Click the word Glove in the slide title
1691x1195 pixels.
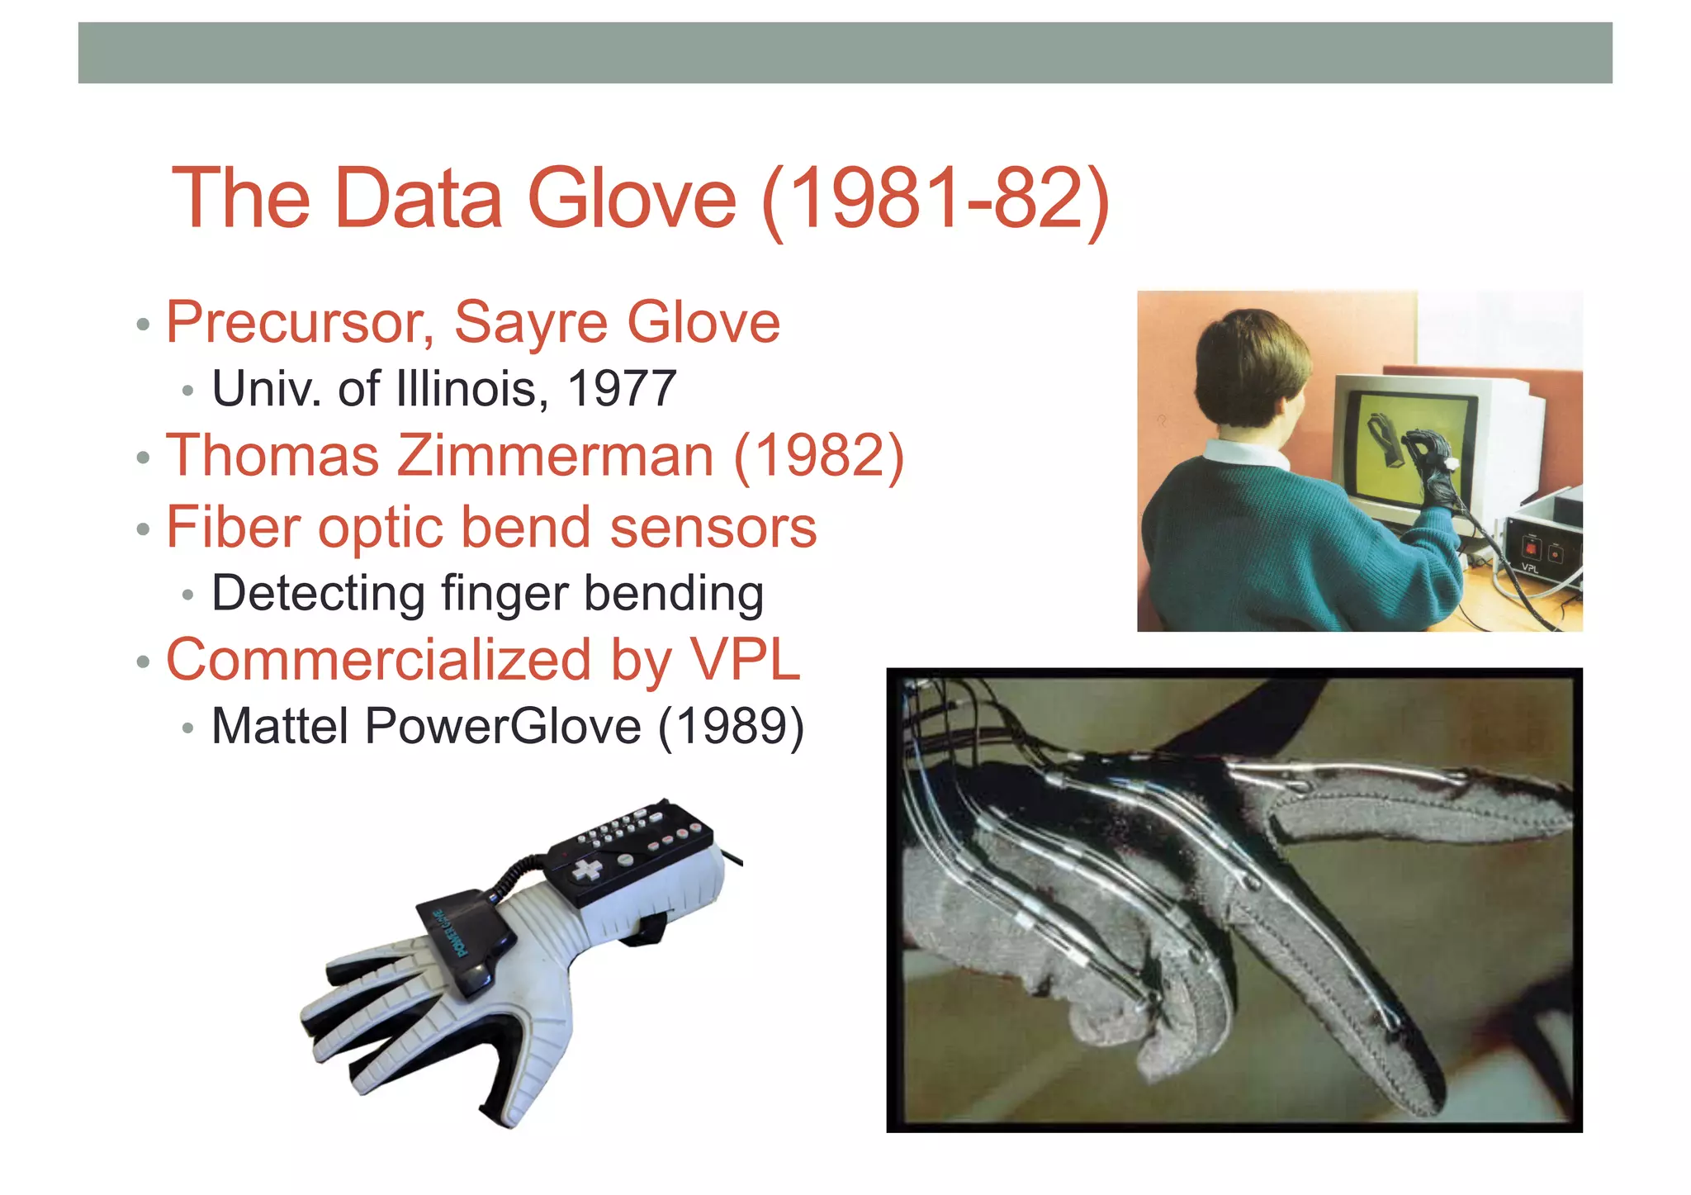point(631,198)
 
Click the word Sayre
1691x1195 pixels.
point(531,322)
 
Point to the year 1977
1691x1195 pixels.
point(622,388)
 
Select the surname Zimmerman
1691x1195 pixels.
point(555,456)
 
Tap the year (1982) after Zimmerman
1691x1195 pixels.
point(818,456)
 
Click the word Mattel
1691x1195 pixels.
point(280,727)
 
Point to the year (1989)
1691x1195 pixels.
point(731,727)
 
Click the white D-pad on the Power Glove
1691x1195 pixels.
point(588,870)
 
